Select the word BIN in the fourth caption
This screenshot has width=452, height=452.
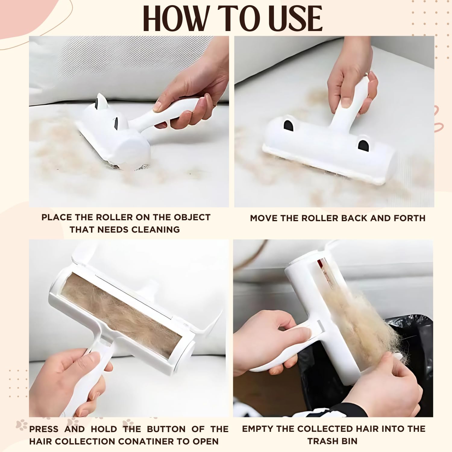click(x=349, y=441)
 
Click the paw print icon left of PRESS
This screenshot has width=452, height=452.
click(x=21, y=425)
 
